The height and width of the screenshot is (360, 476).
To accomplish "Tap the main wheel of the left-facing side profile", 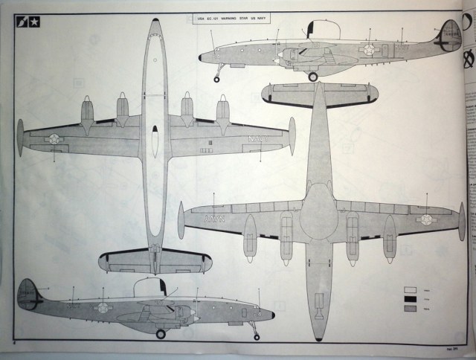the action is click(313, 76).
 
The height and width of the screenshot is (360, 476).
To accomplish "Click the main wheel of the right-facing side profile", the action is click(160, 334).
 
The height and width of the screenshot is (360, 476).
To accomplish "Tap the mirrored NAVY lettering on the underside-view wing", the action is click(213, 219).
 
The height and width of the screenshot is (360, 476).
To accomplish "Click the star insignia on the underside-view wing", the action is click(427, 219).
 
